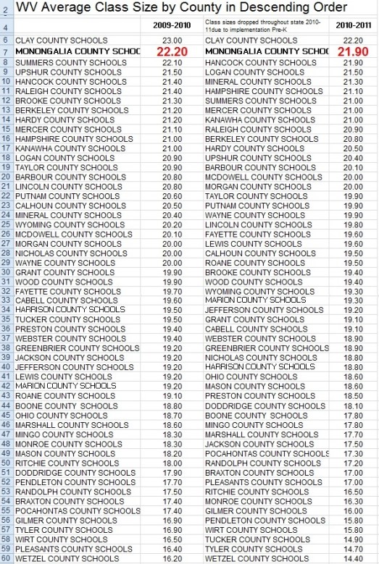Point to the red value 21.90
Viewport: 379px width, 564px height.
point(354,51)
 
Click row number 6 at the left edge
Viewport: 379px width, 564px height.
point(6,41)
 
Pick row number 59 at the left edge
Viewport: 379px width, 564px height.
point(6,558)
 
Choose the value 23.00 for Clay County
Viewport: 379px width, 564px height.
point(172,41)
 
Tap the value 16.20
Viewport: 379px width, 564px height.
point(172,558)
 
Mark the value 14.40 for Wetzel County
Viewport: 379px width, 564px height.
point(354,558)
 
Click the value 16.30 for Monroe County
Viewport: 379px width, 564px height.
point(354,502)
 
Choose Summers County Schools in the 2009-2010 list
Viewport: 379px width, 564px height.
point(66,63)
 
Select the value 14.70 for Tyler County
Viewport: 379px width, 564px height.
point(354,549)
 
